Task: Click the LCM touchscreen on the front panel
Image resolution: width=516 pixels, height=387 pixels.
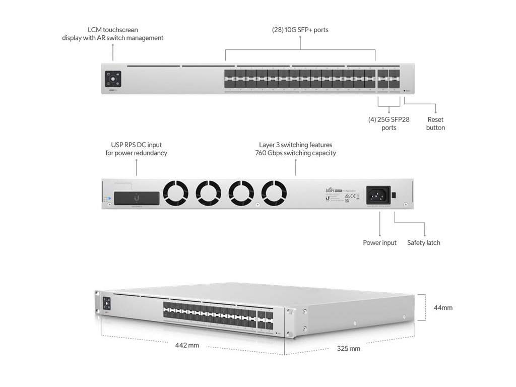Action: coord(113,79)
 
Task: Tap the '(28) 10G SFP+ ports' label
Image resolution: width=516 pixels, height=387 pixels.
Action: coord(300,30)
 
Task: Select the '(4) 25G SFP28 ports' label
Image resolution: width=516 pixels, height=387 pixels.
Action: coord(389,123)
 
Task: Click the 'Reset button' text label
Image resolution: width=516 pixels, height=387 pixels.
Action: coord(435,123)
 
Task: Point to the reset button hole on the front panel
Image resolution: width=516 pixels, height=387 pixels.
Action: coord(405,91)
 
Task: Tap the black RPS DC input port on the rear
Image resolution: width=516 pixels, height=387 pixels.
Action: coord(137,198)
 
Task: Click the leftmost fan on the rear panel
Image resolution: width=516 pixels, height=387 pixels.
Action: coord(175,193)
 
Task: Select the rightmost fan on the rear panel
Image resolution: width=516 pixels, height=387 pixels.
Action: coord(274,193)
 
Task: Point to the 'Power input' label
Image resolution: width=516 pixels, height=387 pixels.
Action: coord(379,243)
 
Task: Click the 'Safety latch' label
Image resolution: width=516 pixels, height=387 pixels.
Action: coord(423,243)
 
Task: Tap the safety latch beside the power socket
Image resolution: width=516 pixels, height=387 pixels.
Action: coord(395,194)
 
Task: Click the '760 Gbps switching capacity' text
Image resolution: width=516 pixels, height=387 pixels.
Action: coord(295,153)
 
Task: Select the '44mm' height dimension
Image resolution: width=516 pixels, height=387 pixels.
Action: coord(443,307)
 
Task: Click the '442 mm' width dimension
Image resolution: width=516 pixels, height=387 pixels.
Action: coord(187,346)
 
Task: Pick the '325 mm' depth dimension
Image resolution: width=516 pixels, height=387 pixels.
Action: coord(348,348)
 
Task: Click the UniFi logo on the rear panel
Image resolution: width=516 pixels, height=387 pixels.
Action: coord(331,190)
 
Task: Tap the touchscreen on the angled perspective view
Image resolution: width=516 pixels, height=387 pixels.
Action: coord(106,303)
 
